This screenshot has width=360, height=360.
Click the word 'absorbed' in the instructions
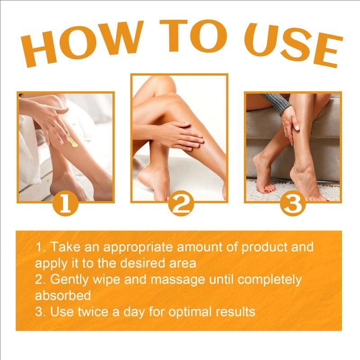[63, 295]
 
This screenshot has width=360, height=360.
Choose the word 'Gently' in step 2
[67, 279]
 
